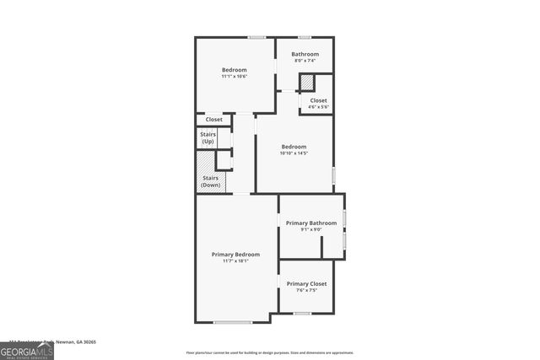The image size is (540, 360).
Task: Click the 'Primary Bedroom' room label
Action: tap(235, 254)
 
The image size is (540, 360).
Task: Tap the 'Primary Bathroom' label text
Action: tap(310, 223)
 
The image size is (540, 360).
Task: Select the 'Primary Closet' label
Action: tap(306, 283)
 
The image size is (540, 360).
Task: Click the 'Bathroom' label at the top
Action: tap(305, 54)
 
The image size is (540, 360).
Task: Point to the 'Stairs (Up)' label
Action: tap(208, 137)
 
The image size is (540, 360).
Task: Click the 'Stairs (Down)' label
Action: tap(210, 181)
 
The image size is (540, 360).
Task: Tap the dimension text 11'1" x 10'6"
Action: tap(234, 77)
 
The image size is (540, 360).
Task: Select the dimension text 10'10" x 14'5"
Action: tap(294, 153)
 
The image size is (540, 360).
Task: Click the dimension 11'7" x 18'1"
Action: tap(235, 261)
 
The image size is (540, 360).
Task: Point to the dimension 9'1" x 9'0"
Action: tap(310, 229)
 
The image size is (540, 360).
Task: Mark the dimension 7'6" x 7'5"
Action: tap(306, 290)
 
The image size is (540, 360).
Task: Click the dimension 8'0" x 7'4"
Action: tap(305, 61)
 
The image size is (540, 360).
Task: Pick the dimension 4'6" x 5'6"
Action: tap(318, 107)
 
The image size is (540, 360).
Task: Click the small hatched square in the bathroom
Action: tap(308, 83)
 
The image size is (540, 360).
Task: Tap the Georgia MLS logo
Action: tap(27, 350)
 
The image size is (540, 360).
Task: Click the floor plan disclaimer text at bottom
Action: tap(270, 352)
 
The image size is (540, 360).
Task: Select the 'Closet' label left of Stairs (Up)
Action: tap(214, 120)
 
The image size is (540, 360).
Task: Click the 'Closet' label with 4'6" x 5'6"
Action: tap(318, 100)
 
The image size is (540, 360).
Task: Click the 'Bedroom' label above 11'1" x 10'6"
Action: tap(234, 69)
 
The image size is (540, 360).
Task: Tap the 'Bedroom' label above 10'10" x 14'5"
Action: tap(294, 146)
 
